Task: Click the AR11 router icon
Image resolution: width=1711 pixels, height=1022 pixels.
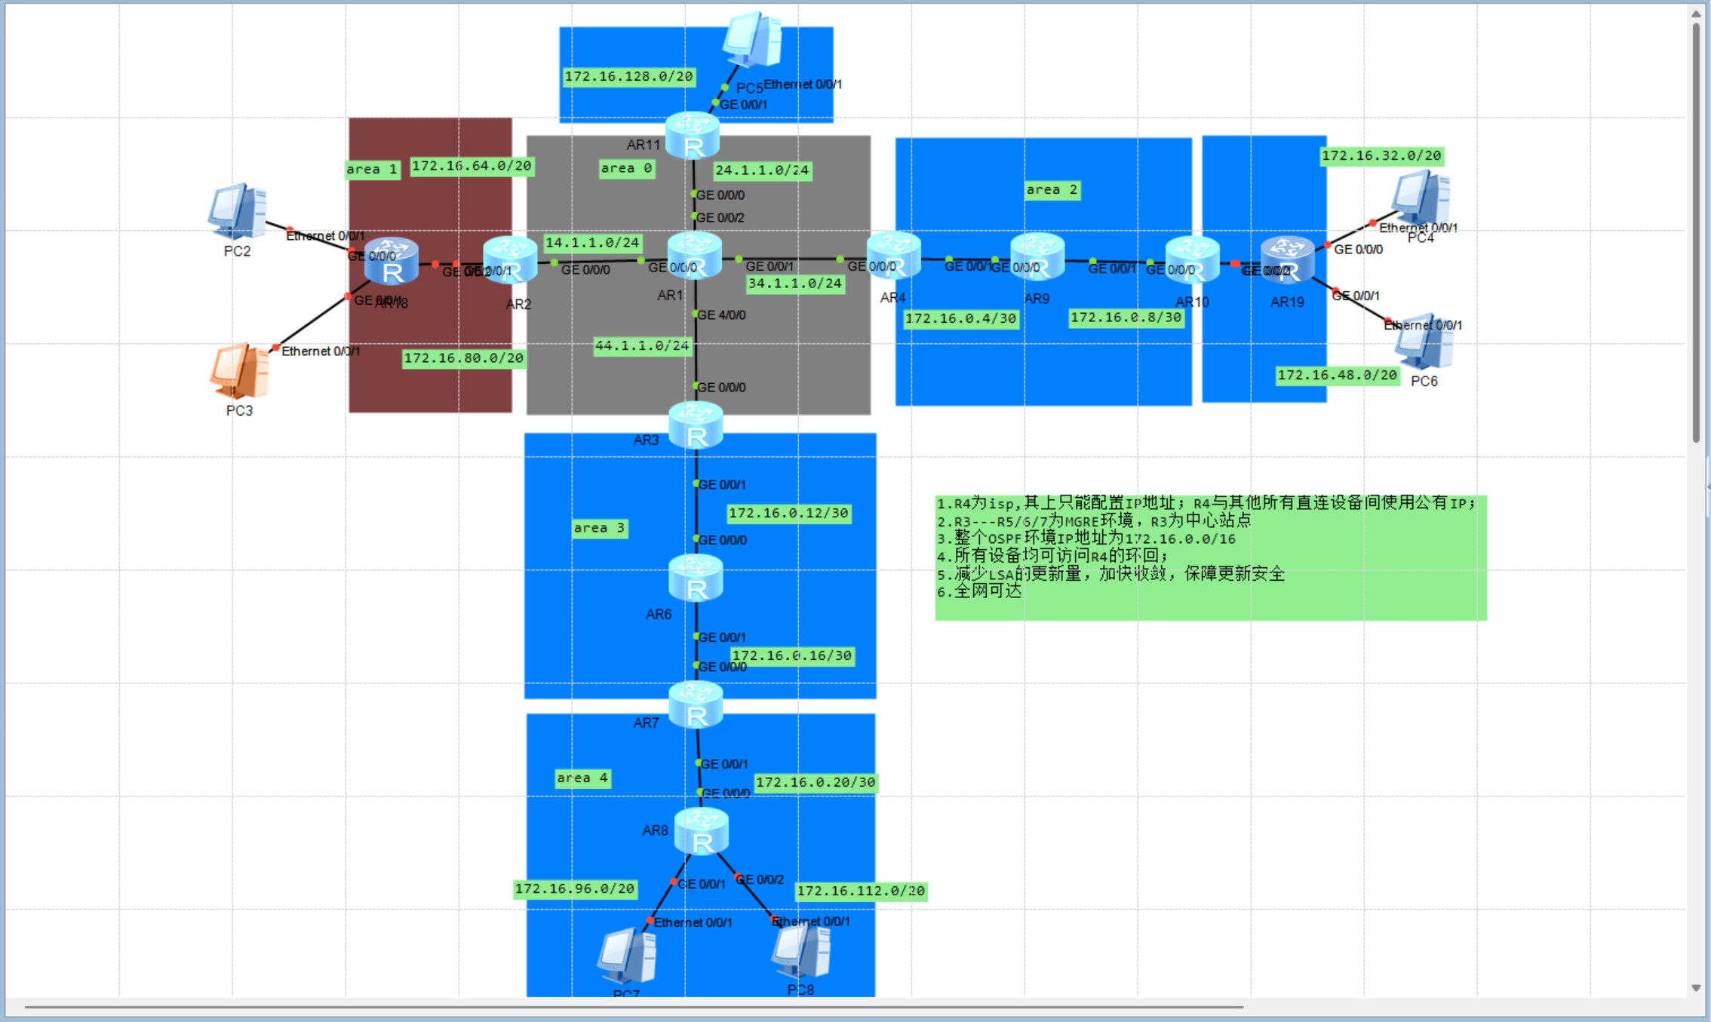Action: (x=693, y=136)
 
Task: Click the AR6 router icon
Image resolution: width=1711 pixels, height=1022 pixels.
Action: (x=696, y=579)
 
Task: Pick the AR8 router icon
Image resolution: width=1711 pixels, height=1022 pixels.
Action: (x=702, y=831)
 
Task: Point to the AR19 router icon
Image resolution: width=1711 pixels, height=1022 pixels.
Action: (x=1288, y=259)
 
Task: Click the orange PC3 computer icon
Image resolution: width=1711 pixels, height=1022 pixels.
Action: (x=239, y=371)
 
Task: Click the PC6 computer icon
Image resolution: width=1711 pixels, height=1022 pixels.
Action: (x=1424, y=343)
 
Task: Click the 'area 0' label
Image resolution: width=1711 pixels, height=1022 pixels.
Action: (x=626, y=168)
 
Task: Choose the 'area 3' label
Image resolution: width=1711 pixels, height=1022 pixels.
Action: (x=599, y=528)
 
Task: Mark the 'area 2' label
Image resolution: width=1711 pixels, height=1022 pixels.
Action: (x=1052, y=190)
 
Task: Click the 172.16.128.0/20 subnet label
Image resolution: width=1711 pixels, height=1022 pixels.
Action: (x=628, y=76)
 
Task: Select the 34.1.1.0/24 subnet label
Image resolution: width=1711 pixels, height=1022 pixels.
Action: (x=794, y=284)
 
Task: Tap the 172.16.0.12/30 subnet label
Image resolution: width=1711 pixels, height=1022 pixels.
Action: (x=788, y=513)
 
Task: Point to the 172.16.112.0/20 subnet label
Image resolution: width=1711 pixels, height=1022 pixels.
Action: (x=861, y=891)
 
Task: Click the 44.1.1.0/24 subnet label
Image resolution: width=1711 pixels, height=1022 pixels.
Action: (x=642, y=345)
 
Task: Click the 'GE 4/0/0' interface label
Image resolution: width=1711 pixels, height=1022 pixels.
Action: (x=721, y=315)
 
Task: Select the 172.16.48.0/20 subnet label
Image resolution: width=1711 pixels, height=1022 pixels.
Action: (x=1337, y=375)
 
